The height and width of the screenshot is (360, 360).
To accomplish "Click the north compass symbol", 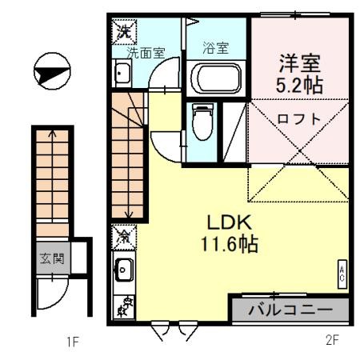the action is tap(52, 71).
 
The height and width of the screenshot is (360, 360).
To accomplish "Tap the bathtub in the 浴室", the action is tap(216, 78).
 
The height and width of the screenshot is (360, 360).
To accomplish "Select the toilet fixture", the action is tap(202, 122).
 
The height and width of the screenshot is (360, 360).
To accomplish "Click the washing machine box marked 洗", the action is tap(124, 31).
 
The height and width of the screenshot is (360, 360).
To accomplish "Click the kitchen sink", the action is tap(123, 270).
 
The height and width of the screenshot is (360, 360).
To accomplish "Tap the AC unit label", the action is tap(342, 274).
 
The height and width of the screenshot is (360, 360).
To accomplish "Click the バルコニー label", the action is tap(290, 310).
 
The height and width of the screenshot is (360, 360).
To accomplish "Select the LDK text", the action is tap(230, 222).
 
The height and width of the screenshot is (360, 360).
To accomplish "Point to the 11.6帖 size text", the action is tap(230, 244).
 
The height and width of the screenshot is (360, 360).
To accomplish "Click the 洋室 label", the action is tap(300, 63).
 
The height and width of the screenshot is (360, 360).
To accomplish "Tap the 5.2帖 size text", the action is tap(299, 85).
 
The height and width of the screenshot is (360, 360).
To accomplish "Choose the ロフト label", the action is tap(299, 118).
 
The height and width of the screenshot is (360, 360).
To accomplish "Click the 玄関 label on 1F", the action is tap(52, 258).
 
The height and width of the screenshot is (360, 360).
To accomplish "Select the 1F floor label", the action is tap(72, 342).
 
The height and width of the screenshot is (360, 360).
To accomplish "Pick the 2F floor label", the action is tap(332, 340).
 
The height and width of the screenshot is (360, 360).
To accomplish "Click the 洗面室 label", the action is tap(146, 53).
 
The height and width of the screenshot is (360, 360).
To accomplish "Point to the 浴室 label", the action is tap(215, 48).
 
